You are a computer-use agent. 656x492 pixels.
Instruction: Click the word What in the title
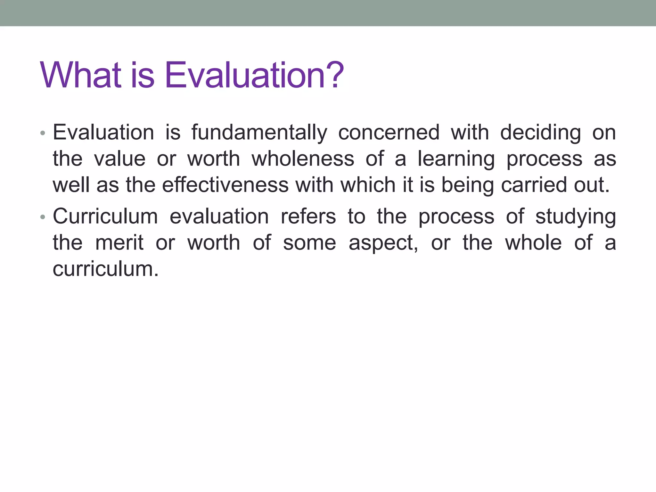tap(81, 76)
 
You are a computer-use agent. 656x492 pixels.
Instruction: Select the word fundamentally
tap(259, 133)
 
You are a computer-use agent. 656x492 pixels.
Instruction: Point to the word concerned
tap(389, 133)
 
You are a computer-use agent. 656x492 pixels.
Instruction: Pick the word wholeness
tap(303, 159)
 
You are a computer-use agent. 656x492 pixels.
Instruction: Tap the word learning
tap(456, 160)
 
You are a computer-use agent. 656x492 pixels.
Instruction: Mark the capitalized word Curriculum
tap(105, 217)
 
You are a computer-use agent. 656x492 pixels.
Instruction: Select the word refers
tap(308, 217)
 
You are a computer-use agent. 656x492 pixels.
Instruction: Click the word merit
tap(119, 243)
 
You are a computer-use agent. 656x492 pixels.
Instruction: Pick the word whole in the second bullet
tap(533, 243)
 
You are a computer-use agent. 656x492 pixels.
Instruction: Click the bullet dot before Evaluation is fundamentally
tap(43, 133)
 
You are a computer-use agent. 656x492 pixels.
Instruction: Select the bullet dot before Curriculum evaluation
tap(43, 217)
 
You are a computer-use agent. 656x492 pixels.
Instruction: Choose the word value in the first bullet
tap(120, 159)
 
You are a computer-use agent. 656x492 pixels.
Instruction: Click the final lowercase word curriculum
tap(105, 269)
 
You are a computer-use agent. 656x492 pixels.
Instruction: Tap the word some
tap(309, 243)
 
